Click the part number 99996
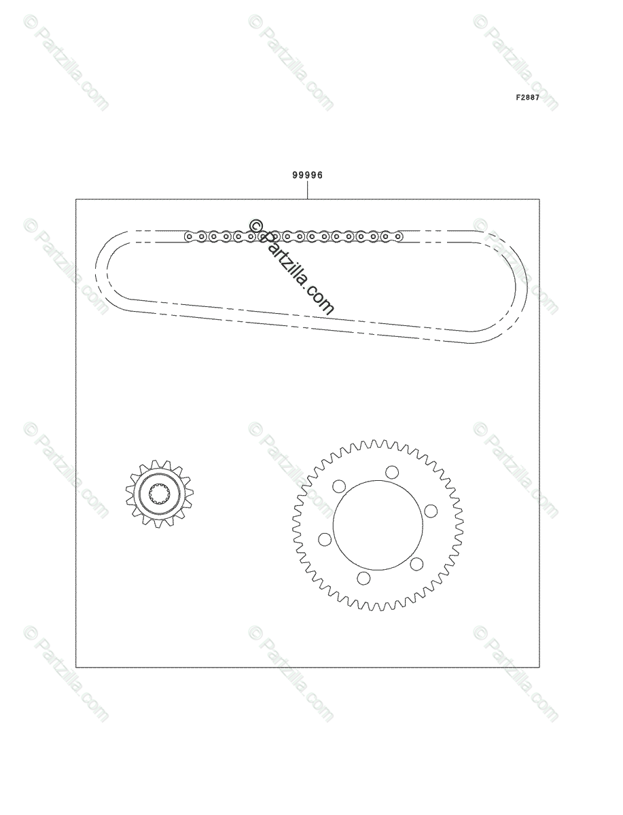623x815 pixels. pyautogui.click(x=307, y=175)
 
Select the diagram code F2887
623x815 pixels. pyautogui.click(x=527, y=98)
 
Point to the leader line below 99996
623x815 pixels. pyautogui.click(x=307, y=189)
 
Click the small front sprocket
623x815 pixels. pyautogui.click(x=159, y=494)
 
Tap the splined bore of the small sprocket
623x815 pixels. pyautogui.click(x=159, y=494)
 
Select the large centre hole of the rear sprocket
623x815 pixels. pyautogui.click(x=378, y=525)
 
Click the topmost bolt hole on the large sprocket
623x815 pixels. pyautogui.click(x=392, y=472)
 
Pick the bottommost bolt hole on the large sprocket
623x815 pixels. pyautogui.click(x=363, y=578)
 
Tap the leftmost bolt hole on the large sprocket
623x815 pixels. pyautogui.click(x=325, y=539)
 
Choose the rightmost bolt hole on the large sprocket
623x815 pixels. pyautogui.click(x=431, y=511)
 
